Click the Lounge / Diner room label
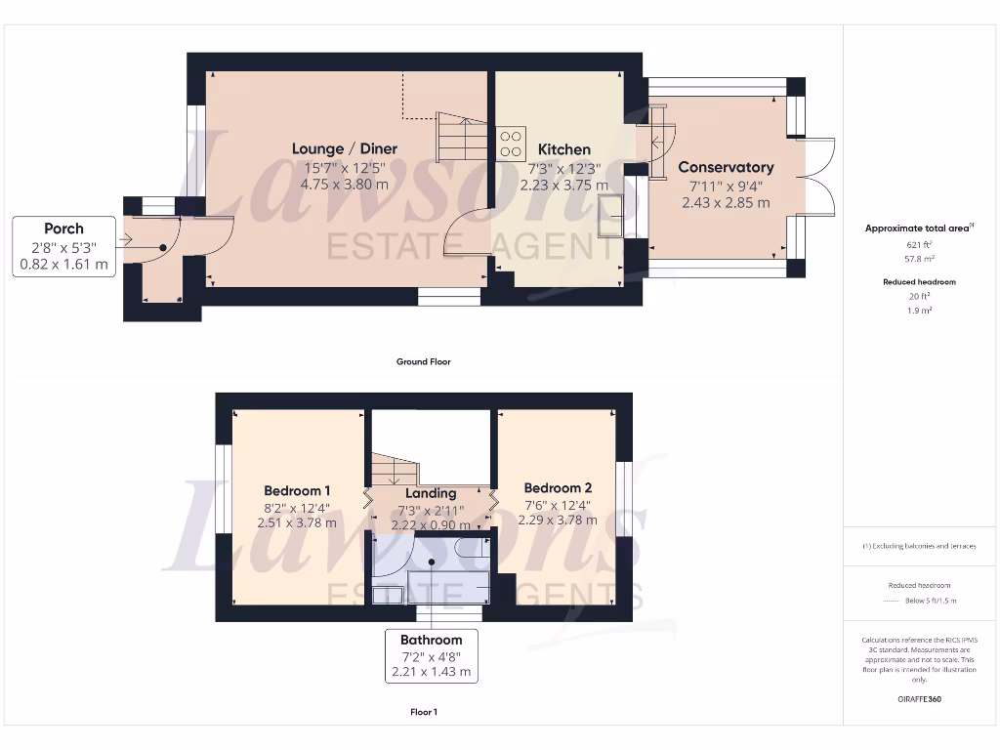[x=345, y=148]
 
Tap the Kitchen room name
[x=564, y=149]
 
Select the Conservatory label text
[x=726, y=167]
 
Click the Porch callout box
[x=63, y=246]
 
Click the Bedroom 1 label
[x=297, y=490]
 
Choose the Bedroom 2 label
[x=558, y=487]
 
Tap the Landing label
[x=431, y=493]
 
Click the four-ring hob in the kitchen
[x=511, y=145]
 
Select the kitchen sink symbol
[x=612, y=215]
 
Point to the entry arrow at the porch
[x=123, y=240]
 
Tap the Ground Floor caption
[x=423, y=361]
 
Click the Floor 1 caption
[x=423, y=712]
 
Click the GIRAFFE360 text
[x=918, y=699]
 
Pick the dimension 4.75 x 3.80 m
[x=344, y=184]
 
